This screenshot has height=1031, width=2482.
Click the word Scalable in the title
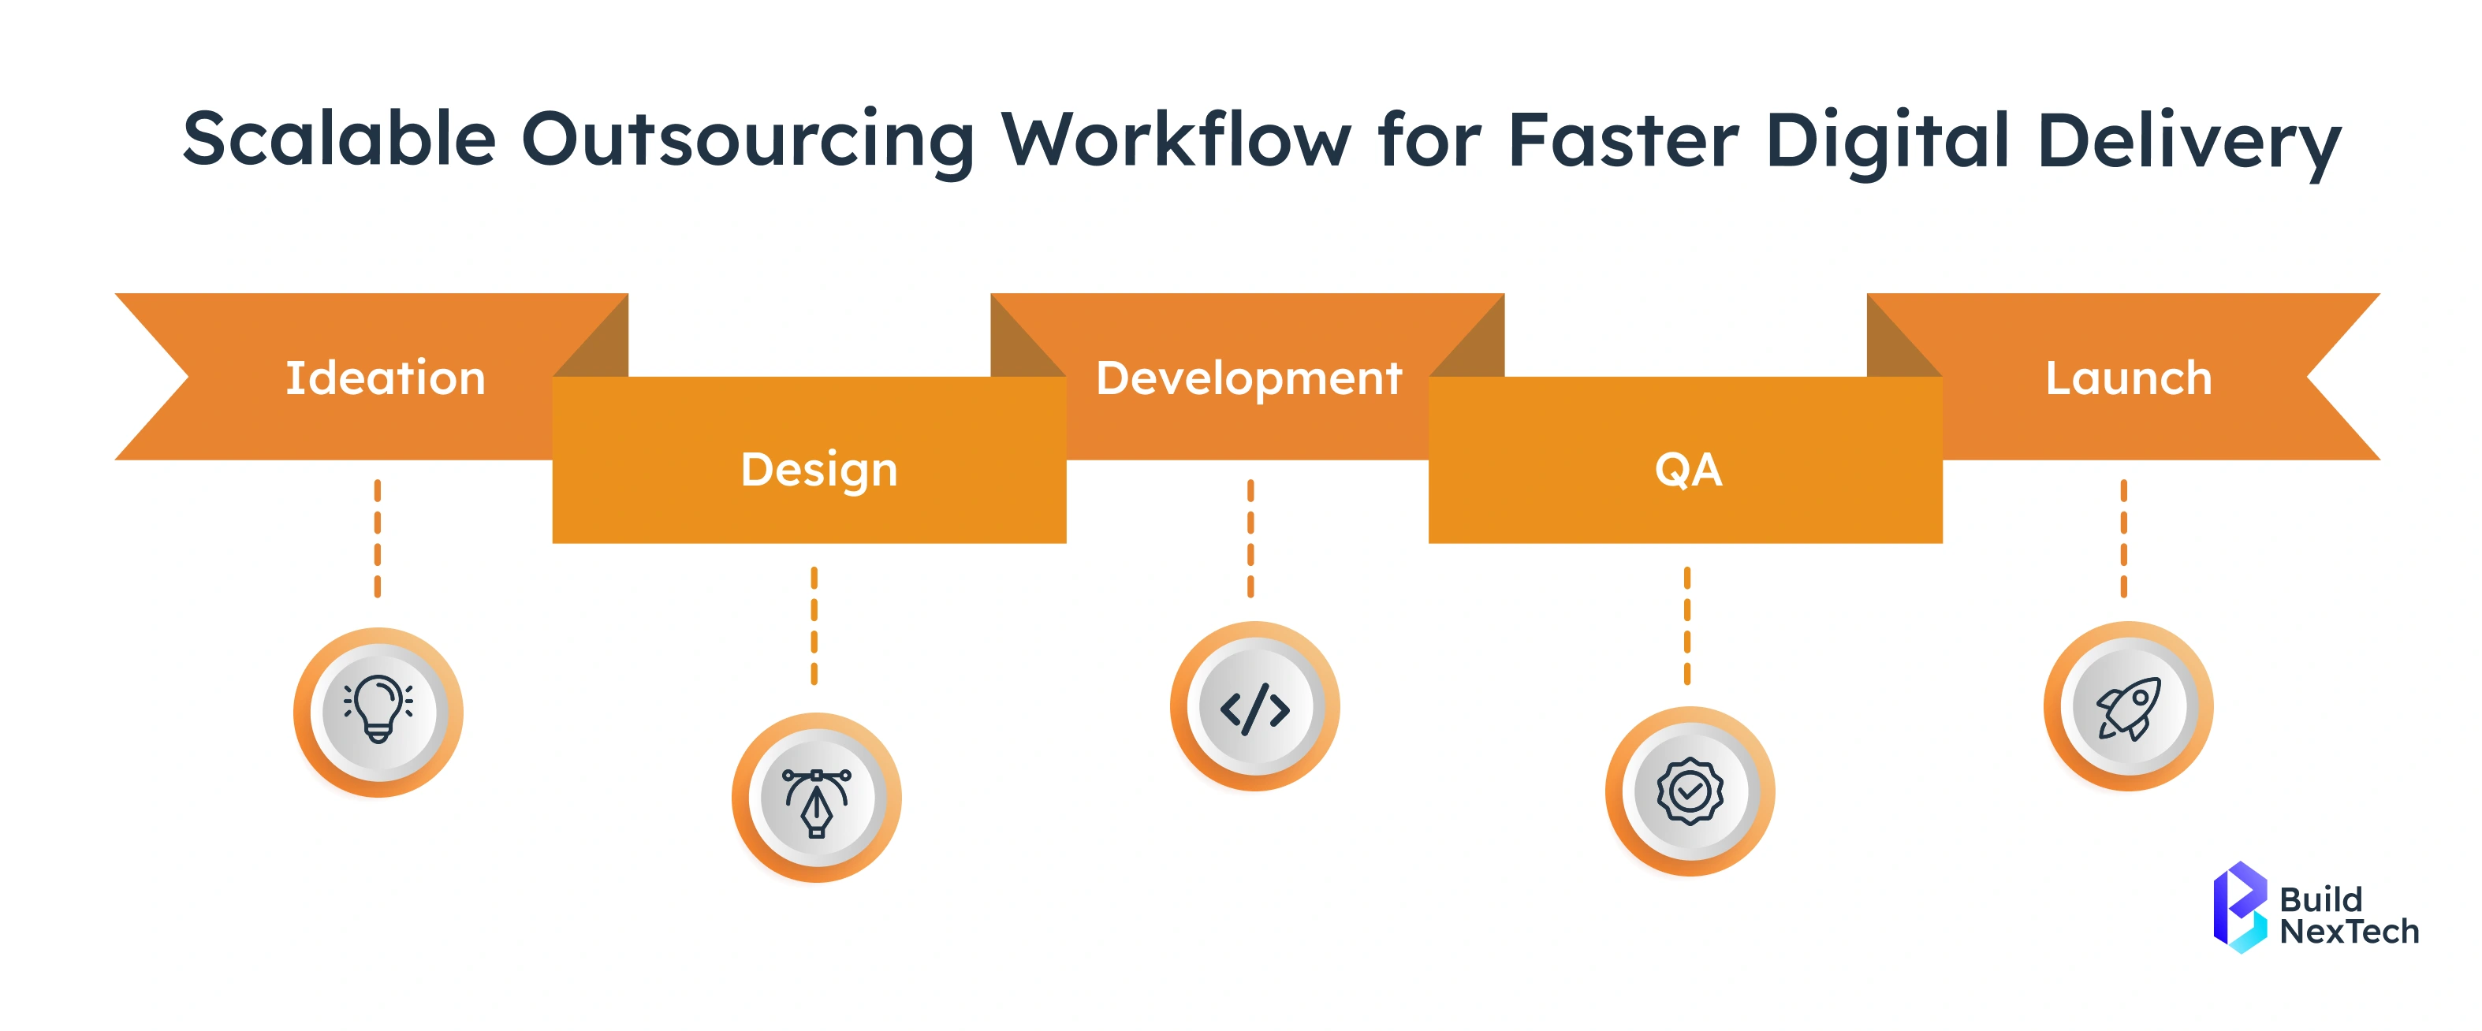(338, 140)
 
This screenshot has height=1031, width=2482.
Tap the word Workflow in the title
(1176, 140)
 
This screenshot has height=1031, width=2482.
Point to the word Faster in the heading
(1623, 140)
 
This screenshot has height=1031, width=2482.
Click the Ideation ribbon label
(386, 378)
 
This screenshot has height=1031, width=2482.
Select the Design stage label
(819, 471)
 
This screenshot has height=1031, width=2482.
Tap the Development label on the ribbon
(1249, 378)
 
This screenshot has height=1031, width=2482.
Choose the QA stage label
(1688, 471)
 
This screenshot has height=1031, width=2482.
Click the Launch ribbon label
(2129, 378)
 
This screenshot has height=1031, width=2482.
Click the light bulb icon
(378, 711)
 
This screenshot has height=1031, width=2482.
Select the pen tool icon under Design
(817, 798)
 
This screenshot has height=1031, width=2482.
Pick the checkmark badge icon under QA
(1690, 792)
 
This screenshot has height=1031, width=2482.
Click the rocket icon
(2129, 708)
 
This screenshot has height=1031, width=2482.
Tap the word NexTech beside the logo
(2349, 932)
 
